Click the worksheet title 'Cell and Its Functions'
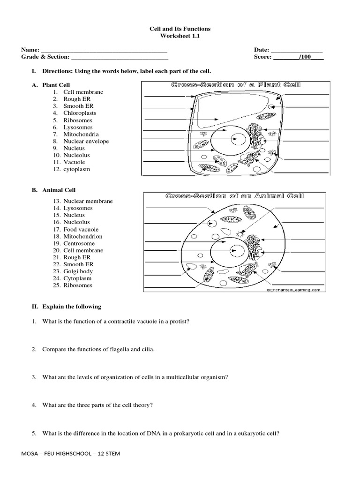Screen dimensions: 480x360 pyautogui.click(x=180, y=29)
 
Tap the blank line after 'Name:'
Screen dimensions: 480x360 pyautogui.click(x=104, y=50)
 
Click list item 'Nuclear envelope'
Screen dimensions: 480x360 pyautogui.click(x=86, y=141)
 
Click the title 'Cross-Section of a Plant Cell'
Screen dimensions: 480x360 pyautogui.click(x=235, y=85)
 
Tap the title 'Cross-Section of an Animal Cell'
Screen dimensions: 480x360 pyautogui.click(x=234, y=196)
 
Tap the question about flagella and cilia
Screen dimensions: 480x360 pyautogui.click(x=98, y=349)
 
